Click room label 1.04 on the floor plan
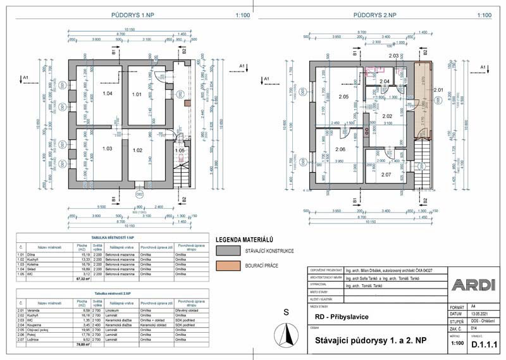tap(108, 94)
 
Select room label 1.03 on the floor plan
tap(107, 149)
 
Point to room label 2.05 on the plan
tap(343, 97)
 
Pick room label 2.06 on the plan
tap(340, 149)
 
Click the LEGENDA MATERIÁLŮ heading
tap(244, 240)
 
